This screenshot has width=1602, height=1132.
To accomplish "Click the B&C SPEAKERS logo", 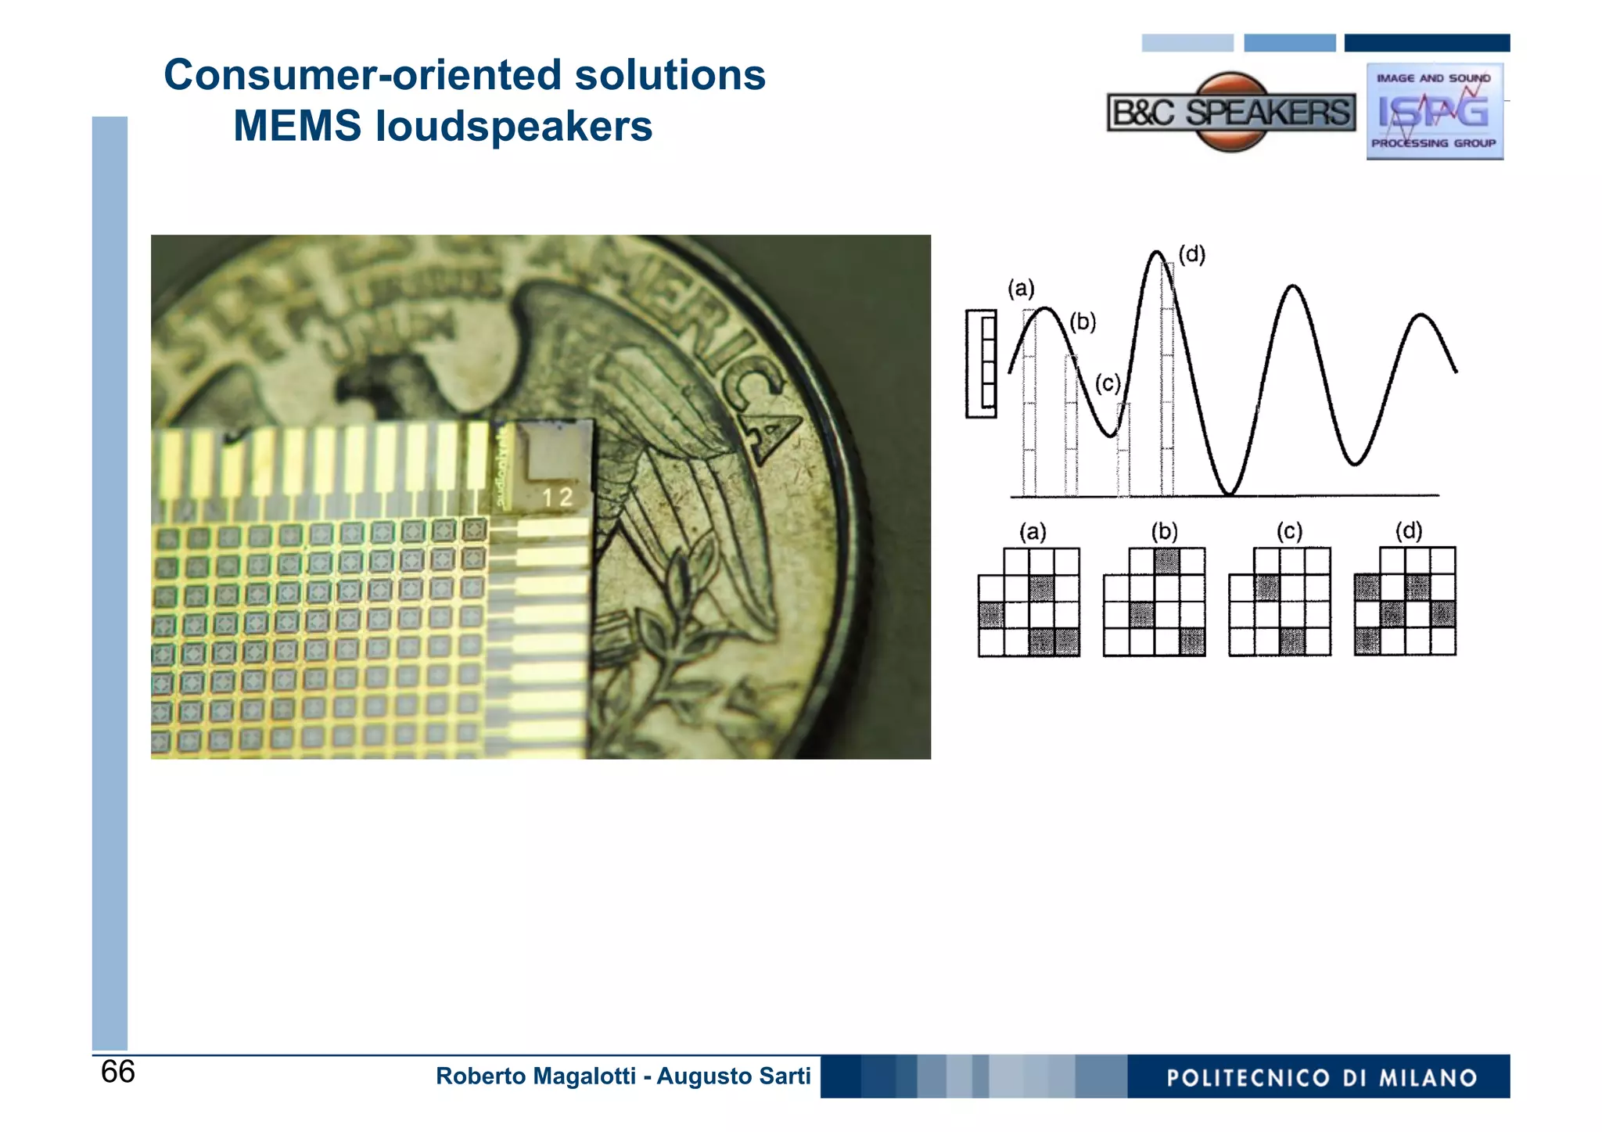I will [x=1230, y=113].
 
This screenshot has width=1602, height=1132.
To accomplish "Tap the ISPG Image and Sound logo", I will [x=1434, y=111].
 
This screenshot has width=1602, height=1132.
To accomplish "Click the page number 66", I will [x=117, y=1072].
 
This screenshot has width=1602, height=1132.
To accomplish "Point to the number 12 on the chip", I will [x=557, y=497].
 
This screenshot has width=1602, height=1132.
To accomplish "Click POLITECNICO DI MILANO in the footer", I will [x=1321, y=1078].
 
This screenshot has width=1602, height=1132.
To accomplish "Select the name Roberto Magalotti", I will [x=535, y=1076].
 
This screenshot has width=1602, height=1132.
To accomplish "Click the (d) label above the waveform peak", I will [x=1191, y=254].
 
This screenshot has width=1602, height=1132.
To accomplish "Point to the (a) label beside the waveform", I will [x=1021, y=289].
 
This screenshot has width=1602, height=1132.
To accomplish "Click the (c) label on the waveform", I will [x=1107, y=383].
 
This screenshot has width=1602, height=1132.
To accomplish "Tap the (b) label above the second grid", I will [x=1163, y=532].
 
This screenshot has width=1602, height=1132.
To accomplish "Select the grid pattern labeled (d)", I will [x=1405, y=601].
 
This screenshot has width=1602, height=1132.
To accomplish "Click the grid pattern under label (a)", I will [x=1029, y=602].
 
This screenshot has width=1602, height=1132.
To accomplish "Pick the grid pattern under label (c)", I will [x=1280, y=602].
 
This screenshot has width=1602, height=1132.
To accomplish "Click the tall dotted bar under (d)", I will [x=1166, y=383].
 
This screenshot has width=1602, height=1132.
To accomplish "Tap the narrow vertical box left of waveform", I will [x=982, y=363].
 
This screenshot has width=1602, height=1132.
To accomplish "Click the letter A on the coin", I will [x=774, y=434].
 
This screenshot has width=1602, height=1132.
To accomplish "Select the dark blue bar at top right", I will [x=1427, y=43].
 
